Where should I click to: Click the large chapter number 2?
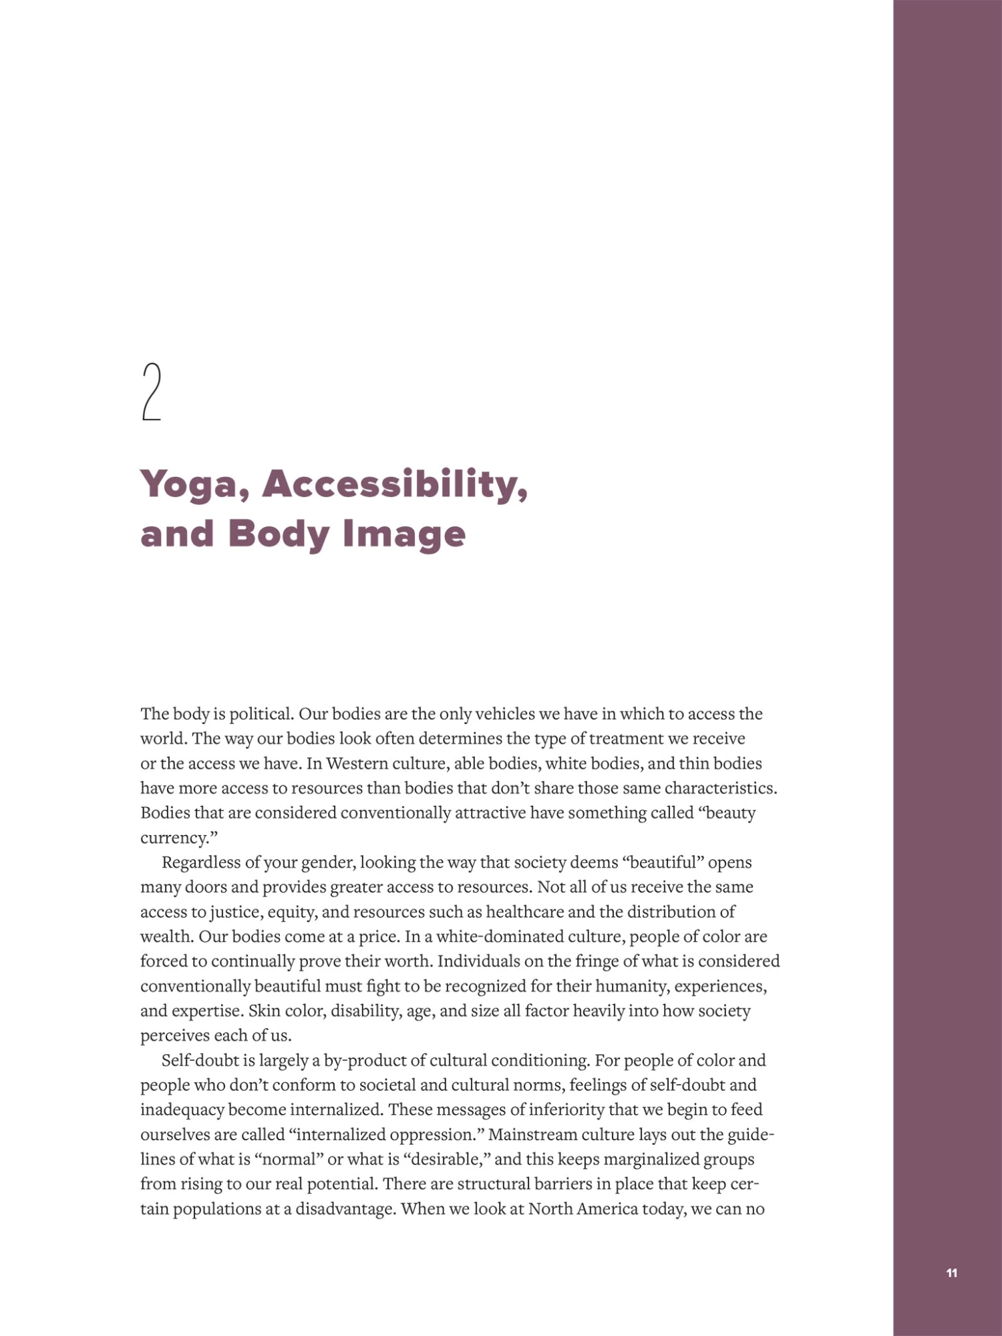click(152, 392)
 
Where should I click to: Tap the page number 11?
click(952, 1273)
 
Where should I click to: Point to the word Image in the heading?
click(403, 534)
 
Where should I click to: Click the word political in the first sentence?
click(261, 713)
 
